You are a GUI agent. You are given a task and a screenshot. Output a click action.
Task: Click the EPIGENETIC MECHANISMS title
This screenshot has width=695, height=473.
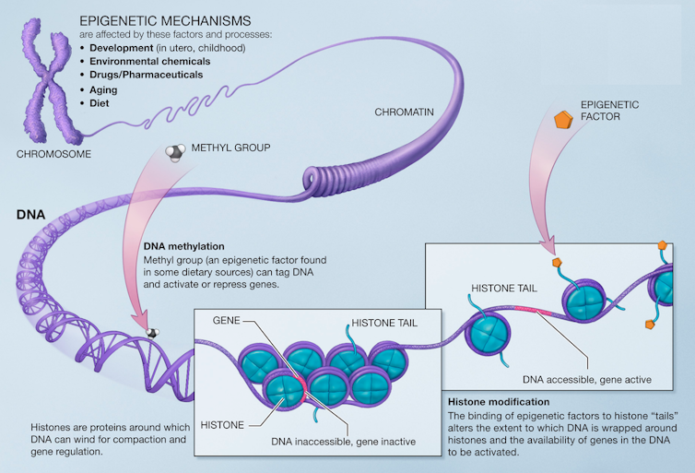coord(165,19)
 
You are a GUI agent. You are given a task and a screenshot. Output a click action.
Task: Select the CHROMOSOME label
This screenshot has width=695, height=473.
coord(53,154)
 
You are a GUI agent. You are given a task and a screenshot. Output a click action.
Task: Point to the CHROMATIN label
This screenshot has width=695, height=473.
coord(404,112)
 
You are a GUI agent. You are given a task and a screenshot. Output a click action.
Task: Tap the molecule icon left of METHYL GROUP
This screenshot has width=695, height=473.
coord(174,152)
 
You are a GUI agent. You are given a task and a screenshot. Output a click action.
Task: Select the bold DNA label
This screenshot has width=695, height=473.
coord(30,215)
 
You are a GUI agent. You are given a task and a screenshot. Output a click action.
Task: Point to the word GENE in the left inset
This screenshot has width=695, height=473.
coord(227,319)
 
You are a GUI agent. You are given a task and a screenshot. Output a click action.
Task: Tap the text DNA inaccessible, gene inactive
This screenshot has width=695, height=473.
coord(344,443)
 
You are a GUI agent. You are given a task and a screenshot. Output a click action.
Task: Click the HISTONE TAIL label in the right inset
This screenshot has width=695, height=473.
coord(503,289)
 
